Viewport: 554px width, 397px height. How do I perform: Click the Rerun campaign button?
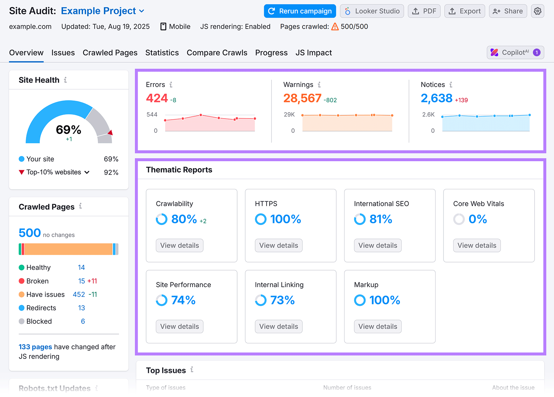(x=300, y=11)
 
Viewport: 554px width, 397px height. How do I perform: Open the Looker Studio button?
(x=372, y=11)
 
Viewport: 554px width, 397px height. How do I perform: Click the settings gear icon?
(x=537, y=11)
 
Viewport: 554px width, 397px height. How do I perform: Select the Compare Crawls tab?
(x=217, y=53)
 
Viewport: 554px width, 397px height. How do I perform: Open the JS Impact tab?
(x=313, y=53)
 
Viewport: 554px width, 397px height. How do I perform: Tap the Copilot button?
(x=515, y=52)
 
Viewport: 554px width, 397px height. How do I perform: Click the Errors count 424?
(x=157, y=98)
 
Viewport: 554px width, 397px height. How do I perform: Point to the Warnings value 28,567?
(x=302, y=98)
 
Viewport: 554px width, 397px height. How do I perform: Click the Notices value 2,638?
(x=436, y=98)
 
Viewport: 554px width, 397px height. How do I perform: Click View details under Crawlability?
(x=179, y=245)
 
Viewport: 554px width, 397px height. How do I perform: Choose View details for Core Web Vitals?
(x=476, y=245)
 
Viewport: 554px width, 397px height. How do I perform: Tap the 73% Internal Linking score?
(x=282, y=300)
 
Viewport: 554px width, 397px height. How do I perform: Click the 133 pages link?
(x=35, y=347)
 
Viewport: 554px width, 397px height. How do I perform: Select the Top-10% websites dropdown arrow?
(x=87, y=172)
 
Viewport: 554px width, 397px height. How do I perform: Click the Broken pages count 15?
(x=81, y=281)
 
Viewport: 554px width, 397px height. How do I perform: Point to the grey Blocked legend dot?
(x=21, y=321)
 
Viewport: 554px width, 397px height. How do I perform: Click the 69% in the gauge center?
(x=69, y=130)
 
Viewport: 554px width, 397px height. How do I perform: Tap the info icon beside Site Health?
(x=65, y=80)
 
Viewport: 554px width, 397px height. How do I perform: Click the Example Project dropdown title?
(x=102, y=11)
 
